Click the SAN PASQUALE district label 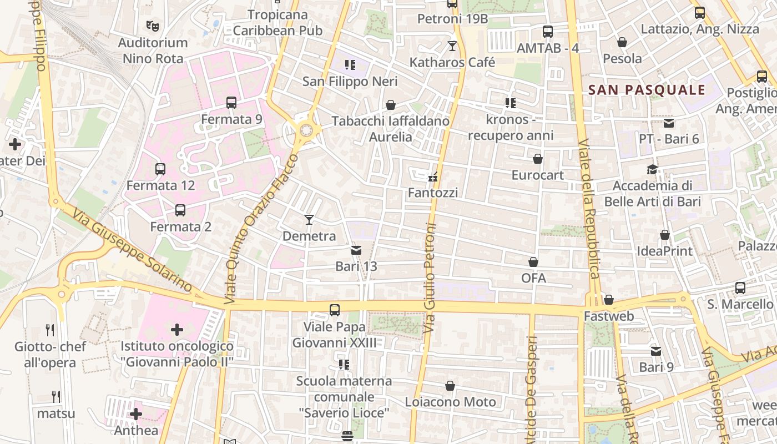[647, 90]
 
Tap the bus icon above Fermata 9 [231, 103]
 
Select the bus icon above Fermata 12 [160, 169]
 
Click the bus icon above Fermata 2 [180, 210]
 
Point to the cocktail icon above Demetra [309, 220]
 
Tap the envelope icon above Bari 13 [356, 250]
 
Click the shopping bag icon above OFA [533, 262]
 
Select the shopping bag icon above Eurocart [537, 159]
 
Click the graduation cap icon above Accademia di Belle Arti [652, 169]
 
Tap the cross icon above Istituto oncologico [177, 330]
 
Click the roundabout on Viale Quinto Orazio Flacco [306, 131]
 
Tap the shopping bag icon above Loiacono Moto [450, 386]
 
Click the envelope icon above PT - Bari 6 [669, 123]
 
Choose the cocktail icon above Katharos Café [452, 46]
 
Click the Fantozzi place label [433, 193]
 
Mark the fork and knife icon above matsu [56, 397]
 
